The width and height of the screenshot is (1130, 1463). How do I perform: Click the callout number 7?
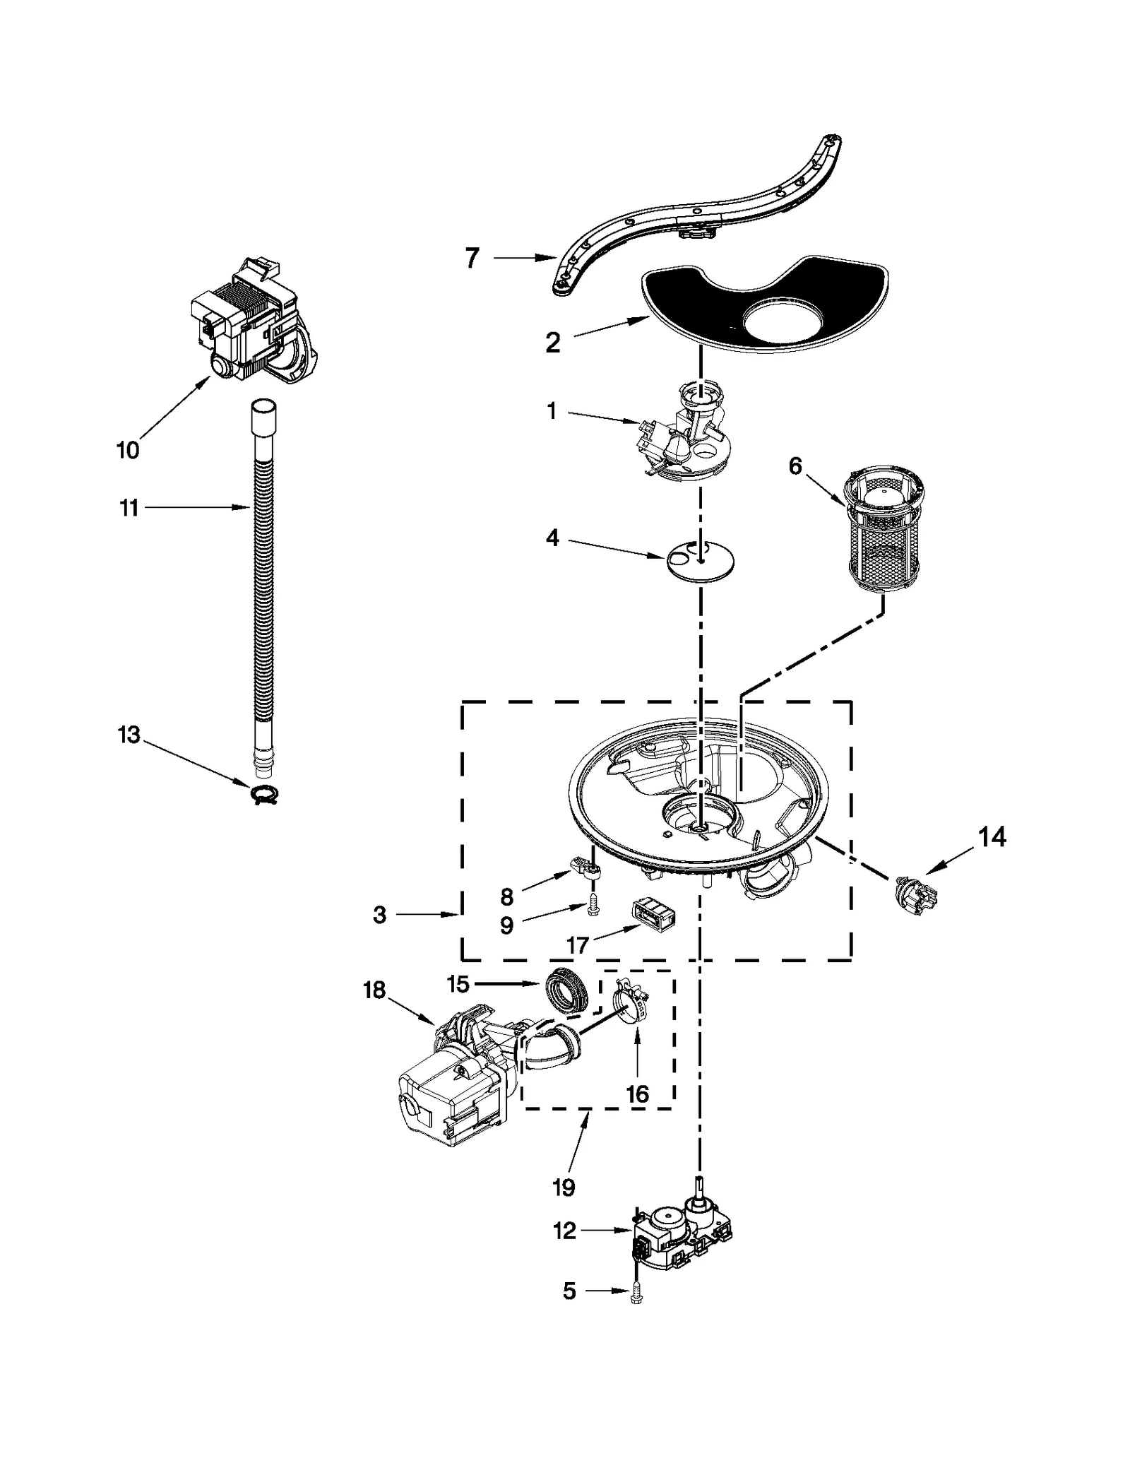472,259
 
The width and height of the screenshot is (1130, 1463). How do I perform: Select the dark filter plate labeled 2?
763,304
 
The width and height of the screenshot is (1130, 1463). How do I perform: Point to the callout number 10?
128,450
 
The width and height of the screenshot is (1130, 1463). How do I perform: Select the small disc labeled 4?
700,562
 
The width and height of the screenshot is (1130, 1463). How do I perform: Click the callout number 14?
992,837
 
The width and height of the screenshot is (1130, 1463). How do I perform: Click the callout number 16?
637,1094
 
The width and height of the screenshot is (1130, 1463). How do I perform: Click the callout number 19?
564,1187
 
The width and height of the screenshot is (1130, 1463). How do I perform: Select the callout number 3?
380,916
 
